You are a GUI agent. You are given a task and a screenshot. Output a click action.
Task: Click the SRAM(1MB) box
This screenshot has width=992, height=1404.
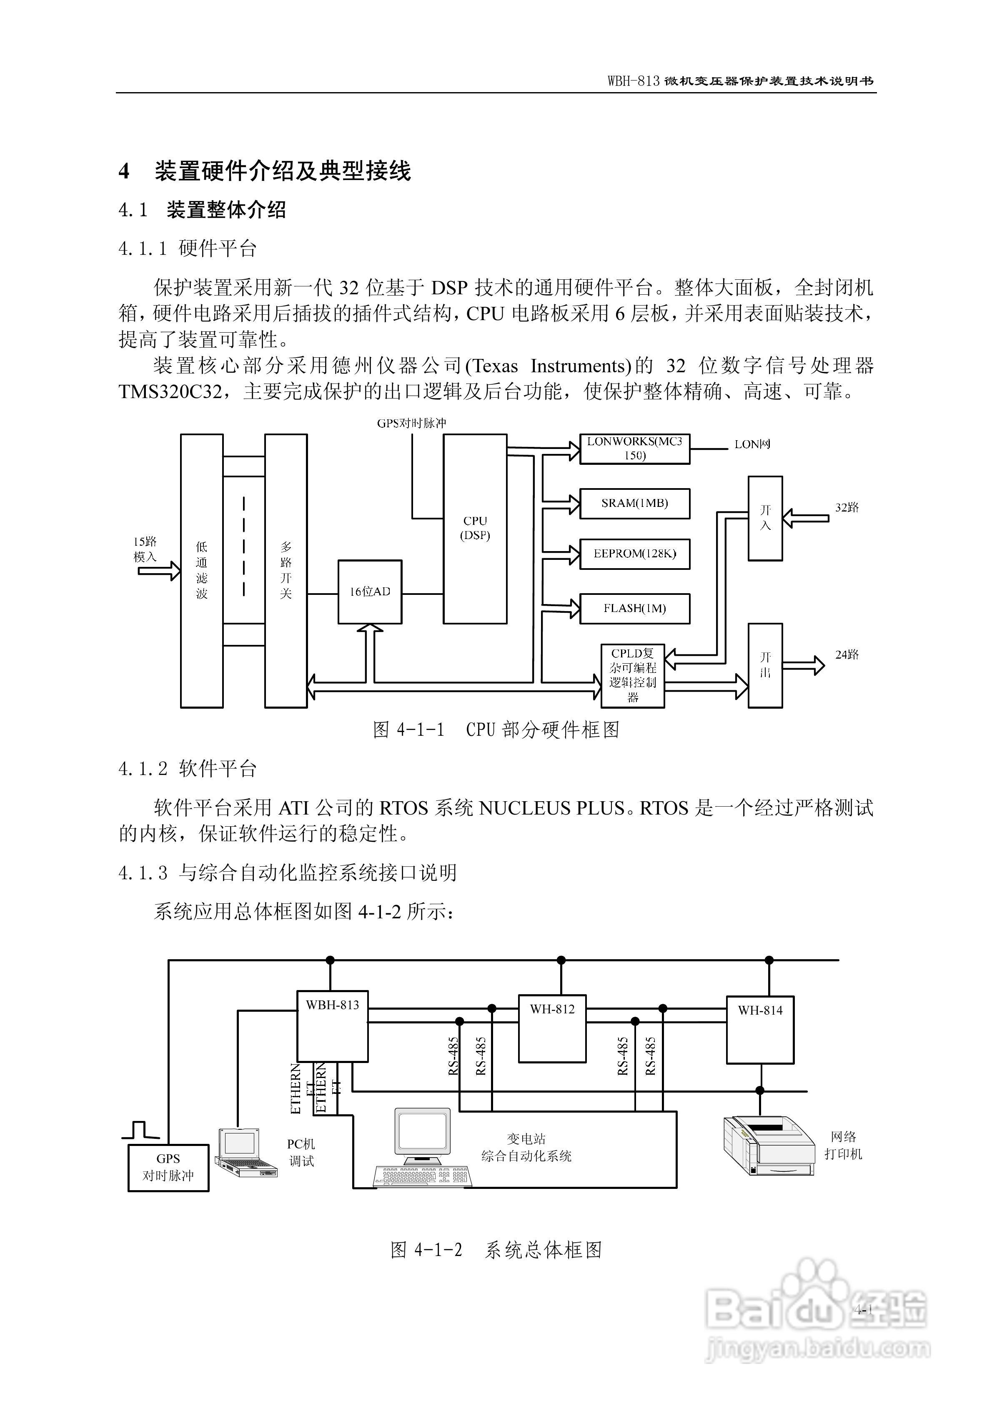tap(634, 503)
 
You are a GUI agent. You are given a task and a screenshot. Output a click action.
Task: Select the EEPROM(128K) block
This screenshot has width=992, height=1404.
tap(634, 554)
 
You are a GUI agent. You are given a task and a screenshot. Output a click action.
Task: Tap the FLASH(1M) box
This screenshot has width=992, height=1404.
tap(634, 609)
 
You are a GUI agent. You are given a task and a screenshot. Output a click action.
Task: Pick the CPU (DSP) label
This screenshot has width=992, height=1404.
tap(475, 528)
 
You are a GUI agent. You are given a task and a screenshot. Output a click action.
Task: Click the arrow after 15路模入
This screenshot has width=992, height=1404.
tap(158, 571)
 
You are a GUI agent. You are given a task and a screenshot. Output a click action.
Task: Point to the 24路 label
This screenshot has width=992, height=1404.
tap(847, 655)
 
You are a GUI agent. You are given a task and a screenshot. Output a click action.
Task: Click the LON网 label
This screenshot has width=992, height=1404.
tap(752, 444)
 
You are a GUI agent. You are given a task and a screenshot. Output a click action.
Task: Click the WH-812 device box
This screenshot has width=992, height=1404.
tap(552, 1028)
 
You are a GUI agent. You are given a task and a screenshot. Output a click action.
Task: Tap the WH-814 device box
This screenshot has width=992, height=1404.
tap(759, 1030)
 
